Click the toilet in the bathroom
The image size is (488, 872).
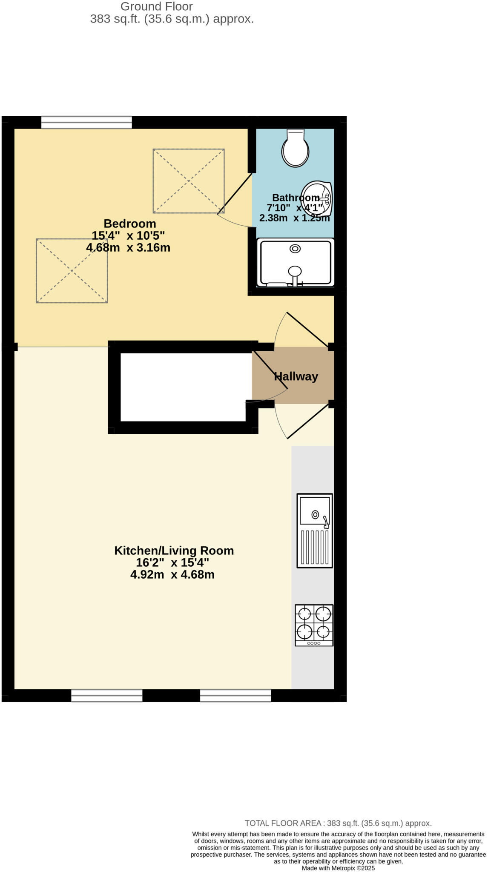tap(295, 149)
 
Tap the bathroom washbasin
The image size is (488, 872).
tap(317, 198)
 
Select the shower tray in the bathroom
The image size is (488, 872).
tap(296, 262)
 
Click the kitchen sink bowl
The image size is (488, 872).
tap(315, 511)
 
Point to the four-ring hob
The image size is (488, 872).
tap(314, 625)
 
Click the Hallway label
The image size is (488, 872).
tap(296, 376)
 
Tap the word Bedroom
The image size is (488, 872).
tap(130, 224)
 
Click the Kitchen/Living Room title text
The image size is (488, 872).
tap(174, 551)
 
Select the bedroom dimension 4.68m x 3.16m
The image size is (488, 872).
tap(128, 247)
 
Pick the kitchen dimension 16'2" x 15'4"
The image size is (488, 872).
tap(172, 562)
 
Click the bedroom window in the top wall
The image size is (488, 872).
tap(86, 122)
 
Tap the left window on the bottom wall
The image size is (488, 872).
tap(106, 695)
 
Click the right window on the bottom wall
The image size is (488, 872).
tap(235, 695)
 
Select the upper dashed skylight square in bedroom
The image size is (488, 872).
tap(189, 181)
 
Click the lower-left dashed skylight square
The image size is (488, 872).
tap(72, 271)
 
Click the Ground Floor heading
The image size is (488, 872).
tap(156, 6)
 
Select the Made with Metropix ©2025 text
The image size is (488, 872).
tap(338, 868)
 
